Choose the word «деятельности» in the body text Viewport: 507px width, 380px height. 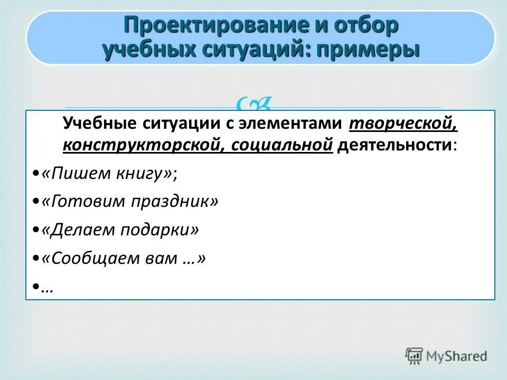click(394, 145)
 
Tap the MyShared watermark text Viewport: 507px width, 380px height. click(457, 356)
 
